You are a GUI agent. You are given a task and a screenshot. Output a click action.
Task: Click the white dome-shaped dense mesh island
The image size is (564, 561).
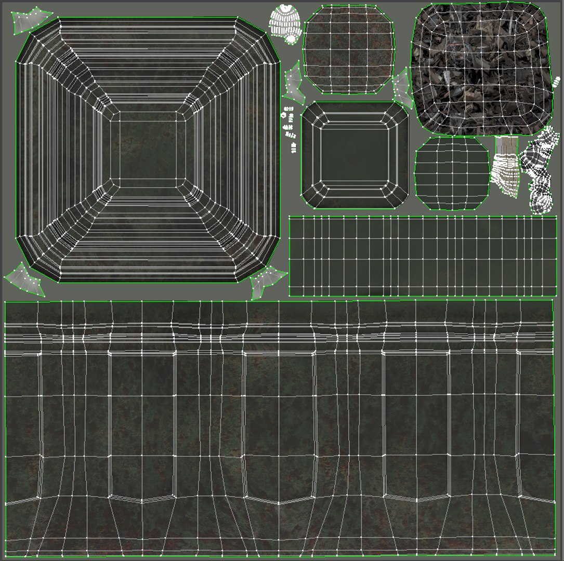point(285,22)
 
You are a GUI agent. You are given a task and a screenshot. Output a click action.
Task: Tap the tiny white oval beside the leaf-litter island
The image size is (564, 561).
point(558,81)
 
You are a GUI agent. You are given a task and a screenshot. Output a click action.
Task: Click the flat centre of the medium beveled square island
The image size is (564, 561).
point(355,155)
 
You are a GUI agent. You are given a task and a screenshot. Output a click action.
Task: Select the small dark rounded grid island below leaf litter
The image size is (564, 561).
point(452,173)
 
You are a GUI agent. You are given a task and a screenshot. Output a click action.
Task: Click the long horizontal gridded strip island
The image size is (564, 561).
point(422,256)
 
